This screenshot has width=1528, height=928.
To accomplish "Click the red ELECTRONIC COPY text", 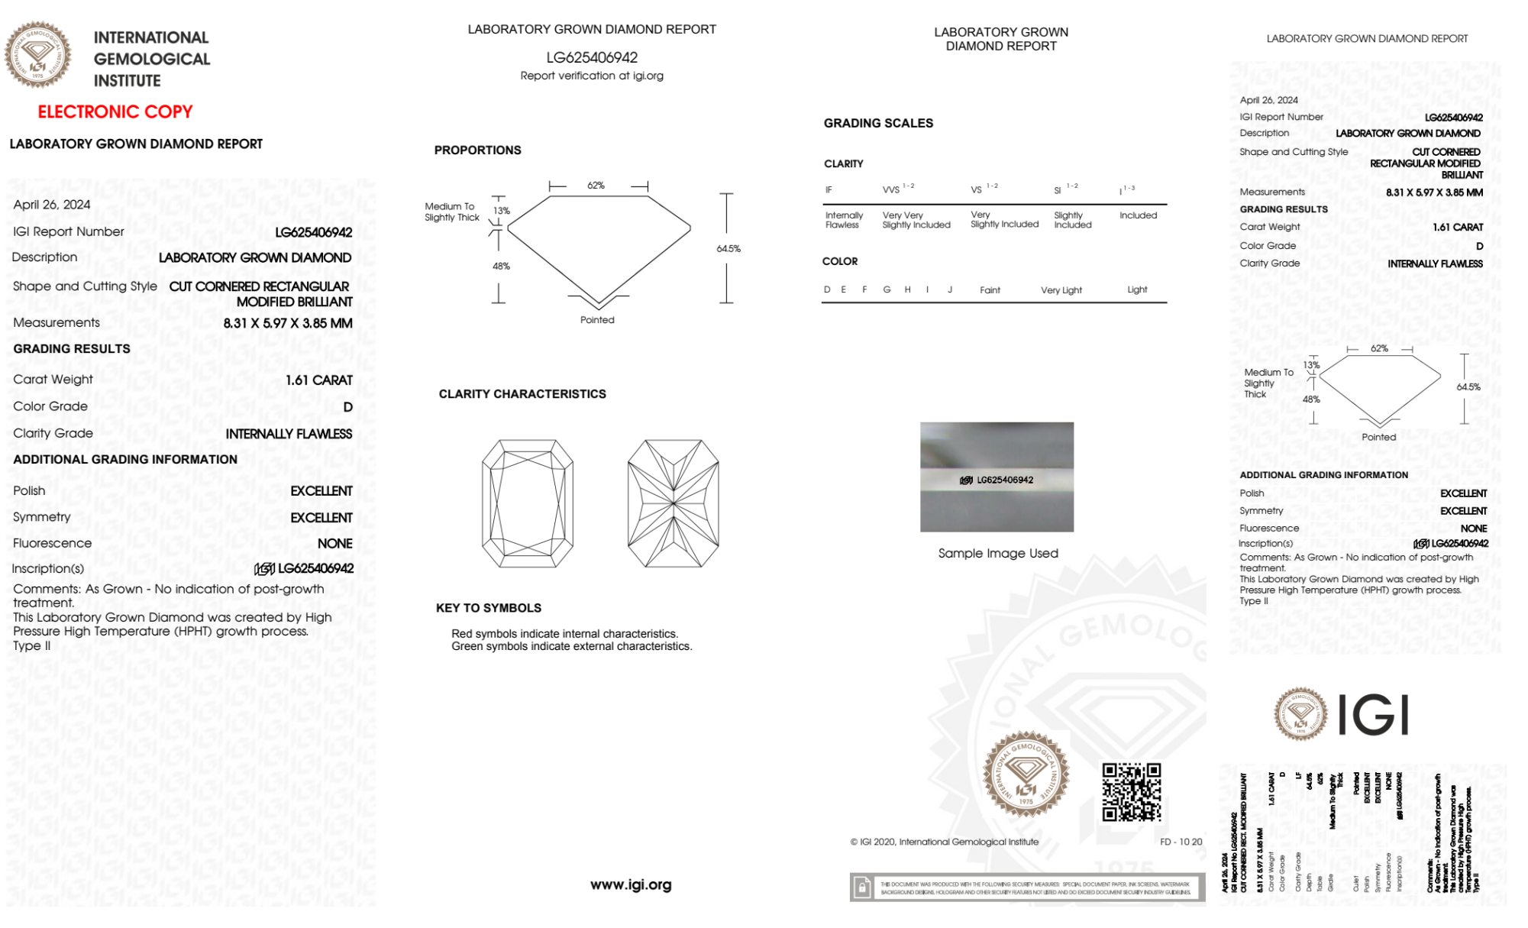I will (x=115, y=112).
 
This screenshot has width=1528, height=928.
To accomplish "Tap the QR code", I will (x=1132, y=792).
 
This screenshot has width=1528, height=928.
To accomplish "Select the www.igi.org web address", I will (x=631, y=884).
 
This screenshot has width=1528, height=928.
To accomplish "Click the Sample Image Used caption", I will (x=998, y=553).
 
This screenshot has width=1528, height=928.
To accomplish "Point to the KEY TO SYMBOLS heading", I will (x=489, y=608).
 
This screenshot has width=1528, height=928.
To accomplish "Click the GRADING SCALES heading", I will (x=878, y=123).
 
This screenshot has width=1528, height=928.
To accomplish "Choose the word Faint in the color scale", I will (x=990, y=290).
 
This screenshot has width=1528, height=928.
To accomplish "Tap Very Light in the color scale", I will (x=1061, y=290).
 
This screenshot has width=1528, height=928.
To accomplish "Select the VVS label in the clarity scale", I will (x=891, y=189).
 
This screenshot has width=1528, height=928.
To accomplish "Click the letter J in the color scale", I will (x=950, y=289).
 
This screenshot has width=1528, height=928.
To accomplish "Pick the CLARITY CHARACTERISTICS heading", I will (x=522, y=394).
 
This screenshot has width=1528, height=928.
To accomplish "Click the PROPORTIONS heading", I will (x=478, y=150).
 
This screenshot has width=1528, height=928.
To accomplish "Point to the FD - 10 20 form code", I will (x=1181, y=842).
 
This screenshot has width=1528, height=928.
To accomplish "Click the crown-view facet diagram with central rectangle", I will (x=528, y=503).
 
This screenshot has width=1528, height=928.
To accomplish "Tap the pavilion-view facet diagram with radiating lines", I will (x=673, y=503).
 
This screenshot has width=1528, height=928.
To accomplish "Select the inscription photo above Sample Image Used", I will (x=997, y=477).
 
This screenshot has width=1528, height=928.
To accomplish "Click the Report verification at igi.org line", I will (x=592, y=76).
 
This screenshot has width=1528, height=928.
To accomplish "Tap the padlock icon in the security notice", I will (x=862, y=888).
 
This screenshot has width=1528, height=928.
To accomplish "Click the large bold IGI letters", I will (x=1374, y=716).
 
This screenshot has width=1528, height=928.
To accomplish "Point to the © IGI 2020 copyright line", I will (x=945, y=842).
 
